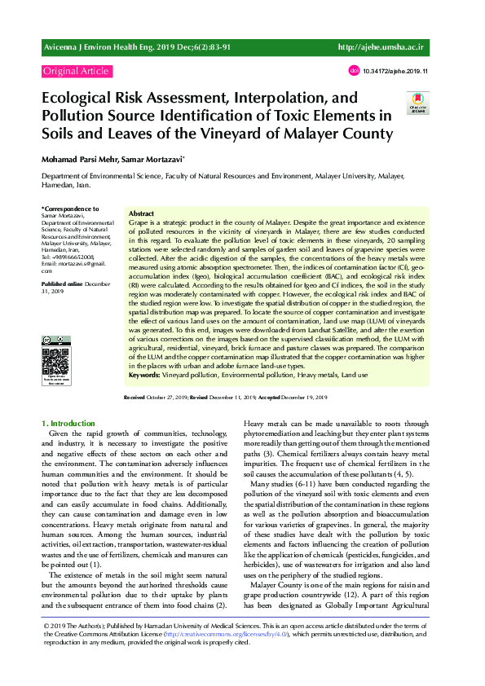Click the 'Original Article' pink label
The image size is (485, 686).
point(76,71)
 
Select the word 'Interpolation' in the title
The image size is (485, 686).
point(263,99)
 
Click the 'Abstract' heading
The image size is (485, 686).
point(142,213)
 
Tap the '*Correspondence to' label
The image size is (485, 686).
point(71,209)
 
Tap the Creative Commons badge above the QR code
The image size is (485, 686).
point(57,340)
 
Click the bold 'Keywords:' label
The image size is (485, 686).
point(144,376)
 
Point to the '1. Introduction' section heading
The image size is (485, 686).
point(68,424)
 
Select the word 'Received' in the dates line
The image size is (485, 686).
point(134,397)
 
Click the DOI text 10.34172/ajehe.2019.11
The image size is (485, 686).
point(395,71)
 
